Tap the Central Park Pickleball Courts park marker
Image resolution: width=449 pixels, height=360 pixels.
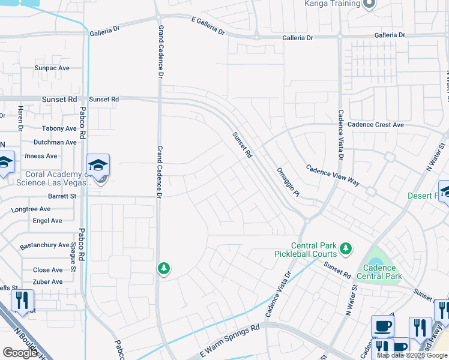345,248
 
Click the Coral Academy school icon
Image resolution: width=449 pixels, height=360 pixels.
98,164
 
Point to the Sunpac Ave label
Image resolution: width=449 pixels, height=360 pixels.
52,68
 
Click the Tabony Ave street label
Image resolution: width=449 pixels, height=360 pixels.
59,128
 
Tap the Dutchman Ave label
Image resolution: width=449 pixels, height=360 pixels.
55,142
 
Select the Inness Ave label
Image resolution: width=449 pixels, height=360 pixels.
41,156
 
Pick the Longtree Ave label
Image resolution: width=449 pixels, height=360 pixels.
31,209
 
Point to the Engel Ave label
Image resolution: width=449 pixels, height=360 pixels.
47,221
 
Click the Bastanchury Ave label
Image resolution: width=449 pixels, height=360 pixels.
44,245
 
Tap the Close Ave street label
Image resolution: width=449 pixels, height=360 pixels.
47,270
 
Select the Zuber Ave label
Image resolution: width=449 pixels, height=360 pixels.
48,281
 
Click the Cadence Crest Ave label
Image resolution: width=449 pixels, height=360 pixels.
376,125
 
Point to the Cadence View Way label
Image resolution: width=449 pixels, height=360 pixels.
333,175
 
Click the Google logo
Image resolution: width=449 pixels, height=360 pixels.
20,353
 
